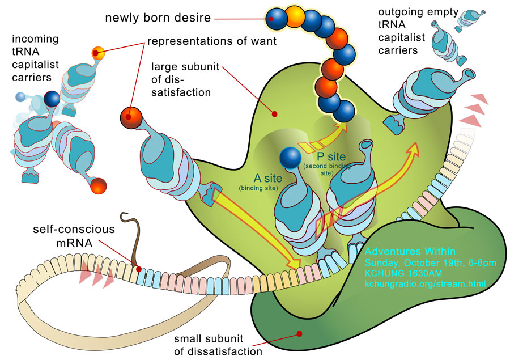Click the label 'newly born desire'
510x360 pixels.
(158, 18)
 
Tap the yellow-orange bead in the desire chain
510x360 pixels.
(295, 16)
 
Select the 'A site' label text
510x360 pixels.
(267, 178)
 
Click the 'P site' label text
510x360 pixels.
(331, 156)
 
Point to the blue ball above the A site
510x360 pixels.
(290, 158)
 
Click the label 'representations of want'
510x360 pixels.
(212, 41)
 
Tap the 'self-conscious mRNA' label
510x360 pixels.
(74, 236)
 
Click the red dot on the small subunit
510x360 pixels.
(300, 333)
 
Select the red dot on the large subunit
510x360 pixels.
(274, 115)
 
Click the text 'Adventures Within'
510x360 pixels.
(410, 251)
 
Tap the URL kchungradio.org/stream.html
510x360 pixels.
(425, 283)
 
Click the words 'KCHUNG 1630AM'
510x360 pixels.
(403, 273)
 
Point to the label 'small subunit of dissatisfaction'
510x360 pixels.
(218, 345)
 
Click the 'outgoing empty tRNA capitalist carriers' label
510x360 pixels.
(418, 31)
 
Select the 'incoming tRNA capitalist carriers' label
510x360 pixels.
(35, 58)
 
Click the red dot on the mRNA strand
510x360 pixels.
(139, 269)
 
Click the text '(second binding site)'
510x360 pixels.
(327, 170)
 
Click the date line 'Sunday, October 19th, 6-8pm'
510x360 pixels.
(430, 262)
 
